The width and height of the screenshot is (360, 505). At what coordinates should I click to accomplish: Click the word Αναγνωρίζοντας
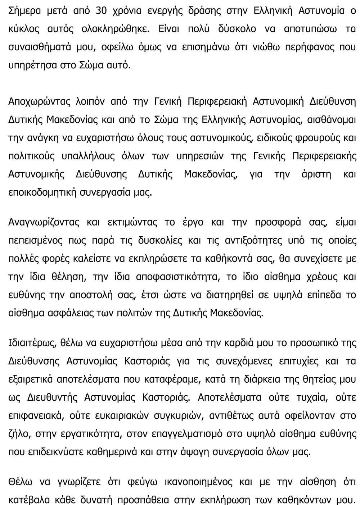(x=44, y=222)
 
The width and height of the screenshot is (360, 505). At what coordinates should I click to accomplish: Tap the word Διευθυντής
(x=52, y=397)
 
